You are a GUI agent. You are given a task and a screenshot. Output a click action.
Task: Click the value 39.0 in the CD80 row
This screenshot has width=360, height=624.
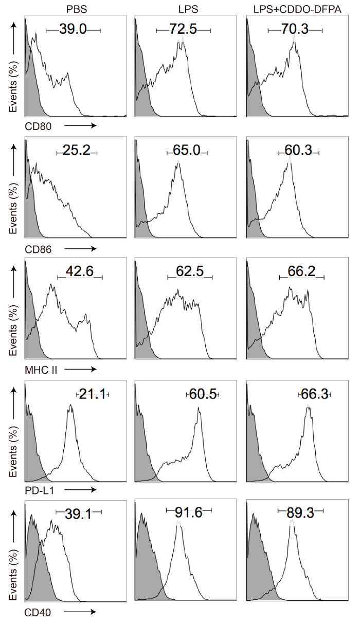73,31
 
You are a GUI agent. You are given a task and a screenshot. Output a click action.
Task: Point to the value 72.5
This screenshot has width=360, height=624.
183,30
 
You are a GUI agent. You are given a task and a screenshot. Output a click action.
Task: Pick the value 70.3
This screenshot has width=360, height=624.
295,30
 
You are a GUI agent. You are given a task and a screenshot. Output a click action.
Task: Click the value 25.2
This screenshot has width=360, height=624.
76,152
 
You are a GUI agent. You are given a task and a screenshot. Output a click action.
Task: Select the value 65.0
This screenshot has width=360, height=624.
187,152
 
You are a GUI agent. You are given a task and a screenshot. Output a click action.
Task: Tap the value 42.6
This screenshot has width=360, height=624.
80,271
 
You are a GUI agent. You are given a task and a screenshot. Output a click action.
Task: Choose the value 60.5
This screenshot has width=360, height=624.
202,395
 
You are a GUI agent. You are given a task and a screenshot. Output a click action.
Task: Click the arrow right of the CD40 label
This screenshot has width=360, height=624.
81,612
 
